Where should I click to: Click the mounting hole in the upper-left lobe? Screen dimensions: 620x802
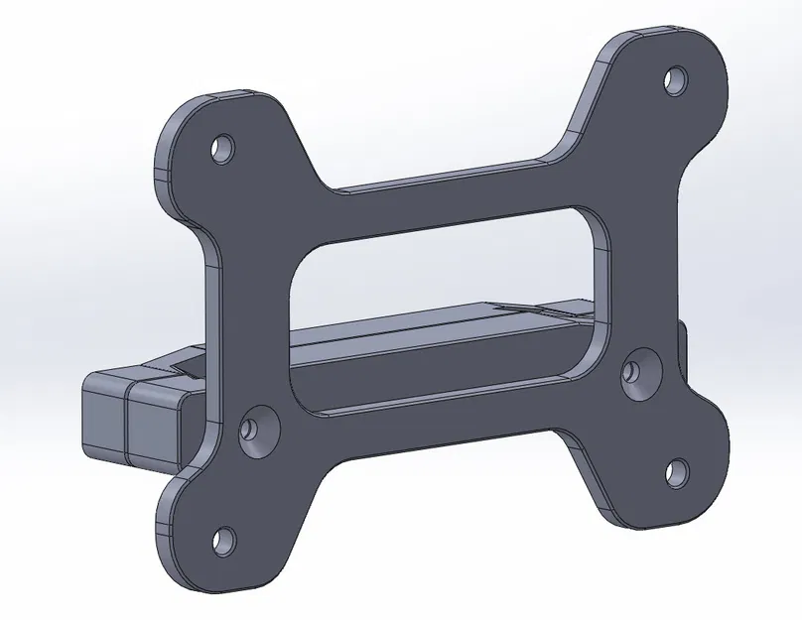pos(221,148)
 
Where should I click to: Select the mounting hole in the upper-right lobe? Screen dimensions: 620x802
pos(675,77)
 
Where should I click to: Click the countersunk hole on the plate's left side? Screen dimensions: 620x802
pos(258,429)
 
